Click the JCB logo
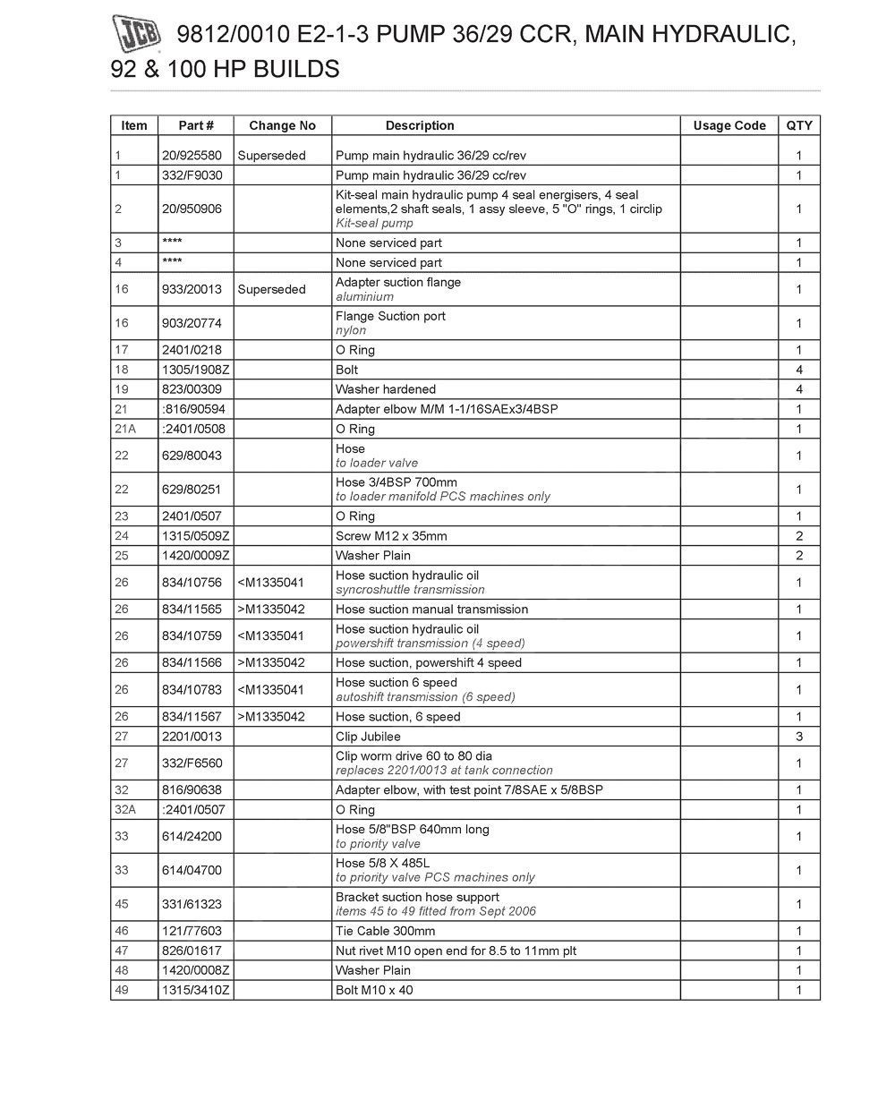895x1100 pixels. tap(137, 35)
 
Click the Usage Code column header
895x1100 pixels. tap(729, 126)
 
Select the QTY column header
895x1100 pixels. tap(799, 126)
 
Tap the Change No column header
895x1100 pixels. tap(282, 126)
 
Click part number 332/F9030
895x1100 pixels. tap(192, 175)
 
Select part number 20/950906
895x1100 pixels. tap(192, 209)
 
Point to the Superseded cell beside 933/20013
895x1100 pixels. tap(271, 289)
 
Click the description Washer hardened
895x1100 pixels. tap(386, 389)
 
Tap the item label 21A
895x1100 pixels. tap(124, 429)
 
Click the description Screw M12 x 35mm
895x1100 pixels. tap(391, 536)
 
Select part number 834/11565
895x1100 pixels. tap(192, 610)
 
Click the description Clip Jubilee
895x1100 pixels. tap(368, 737)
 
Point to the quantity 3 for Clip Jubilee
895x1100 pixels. tap(799, 737)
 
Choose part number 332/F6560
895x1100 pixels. tap(192, 763)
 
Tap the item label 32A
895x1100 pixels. tap(124, 810)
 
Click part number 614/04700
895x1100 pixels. tap(192, 870)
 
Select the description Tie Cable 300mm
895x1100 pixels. tap(385, 932)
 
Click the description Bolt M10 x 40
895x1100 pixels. tap(374, 991)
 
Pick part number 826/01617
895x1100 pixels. tap(192, 951)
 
